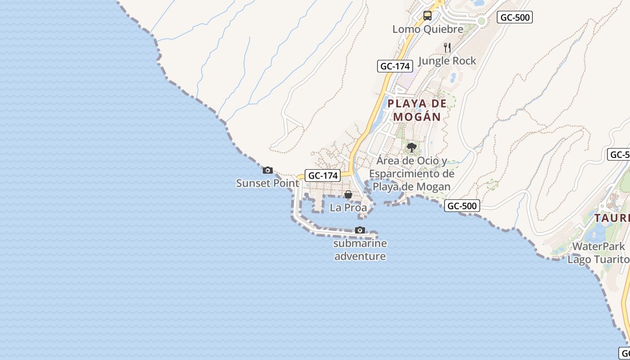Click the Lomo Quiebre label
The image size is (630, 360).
(x=427, y=29)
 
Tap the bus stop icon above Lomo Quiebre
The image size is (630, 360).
(x=427, y=16)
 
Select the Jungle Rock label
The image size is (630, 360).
(x=447, y=61)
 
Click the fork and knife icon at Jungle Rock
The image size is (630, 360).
(x=447, y=48)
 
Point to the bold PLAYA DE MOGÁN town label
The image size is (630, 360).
(x=417, y=110)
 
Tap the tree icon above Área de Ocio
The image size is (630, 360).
(x=411, y=147)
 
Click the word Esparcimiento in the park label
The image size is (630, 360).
(x=412, y=174)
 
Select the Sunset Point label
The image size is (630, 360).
(x=267, y=183)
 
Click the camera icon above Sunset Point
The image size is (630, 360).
(x=268, y=170)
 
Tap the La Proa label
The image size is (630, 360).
(x=348, y=207)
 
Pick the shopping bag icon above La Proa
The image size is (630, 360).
(x=348, y=194)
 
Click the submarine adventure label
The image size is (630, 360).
(x=360, y=250)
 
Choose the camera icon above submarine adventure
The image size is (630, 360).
(x=360, y=230)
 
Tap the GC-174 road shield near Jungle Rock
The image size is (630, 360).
(x=395, y=66)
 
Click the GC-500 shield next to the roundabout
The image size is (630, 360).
(x=515, y=18)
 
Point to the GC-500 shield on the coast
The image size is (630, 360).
(x=462, y=206)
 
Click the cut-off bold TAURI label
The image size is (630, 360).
(x=612, y=218)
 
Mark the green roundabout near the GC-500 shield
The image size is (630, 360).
(x=481, y=21)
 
